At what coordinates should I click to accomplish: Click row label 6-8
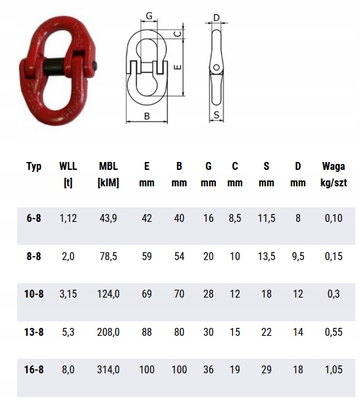34,219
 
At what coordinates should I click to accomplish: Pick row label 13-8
34,332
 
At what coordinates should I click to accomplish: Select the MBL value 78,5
109,256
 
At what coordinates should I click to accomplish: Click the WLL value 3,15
68,294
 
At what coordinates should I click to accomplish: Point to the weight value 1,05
334,370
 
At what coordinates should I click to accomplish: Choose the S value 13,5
267,256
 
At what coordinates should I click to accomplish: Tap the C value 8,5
235,219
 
